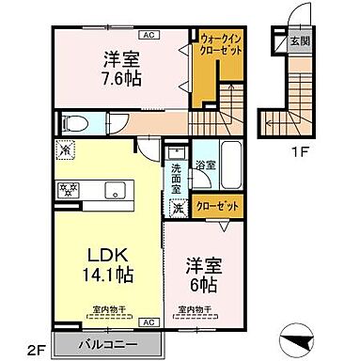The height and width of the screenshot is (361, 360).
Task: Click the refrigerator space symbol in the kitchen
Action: tap(66, 149)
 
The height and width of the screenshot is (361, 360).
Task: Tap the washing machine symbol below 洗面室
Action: tap(179, 209)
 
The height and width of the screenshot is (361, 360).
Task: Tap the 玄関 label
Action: tap(298, 39)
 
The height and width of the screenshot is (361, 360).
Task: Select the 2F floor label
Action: tap(36, 352)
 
